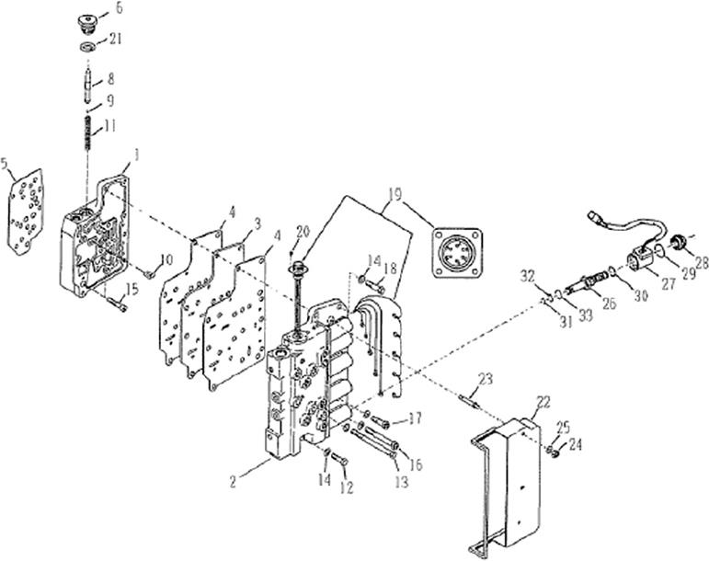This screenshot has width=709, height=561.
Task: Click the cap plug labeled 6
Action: point(88,20)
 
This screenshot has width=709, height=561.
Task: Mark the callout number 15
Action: point(132,290)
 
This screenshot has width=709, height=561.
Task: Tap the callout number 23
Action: point(486,377)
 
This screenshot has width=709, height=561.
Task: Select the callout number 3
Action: point(258,223)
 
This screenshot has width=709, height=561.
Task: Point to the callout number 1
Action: point(138,156)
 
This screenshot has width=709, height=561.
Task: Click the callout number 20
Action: point(303,230)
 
